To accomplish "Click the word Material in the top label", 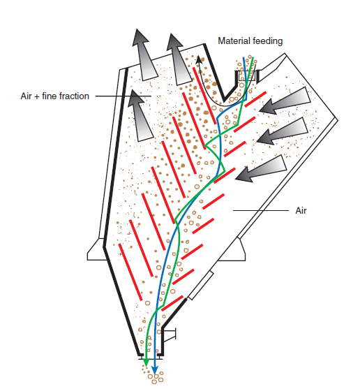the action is (233, 41).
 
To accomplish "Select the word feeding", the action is (267, 41).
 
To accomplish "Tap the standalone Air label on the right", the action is (301, 210).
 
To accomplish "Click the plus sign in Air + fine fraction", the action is (37, 96).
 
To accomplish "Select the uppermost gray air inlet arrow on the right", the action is (285, 101).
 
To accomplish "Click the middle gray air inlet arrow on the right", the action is (283, 131).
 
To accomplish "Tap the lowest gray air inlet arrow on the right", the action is (261, 169).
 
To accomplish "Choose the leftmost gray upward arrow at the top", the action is (144, 54).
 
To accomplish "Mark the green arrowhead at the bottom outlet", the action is (147, 362).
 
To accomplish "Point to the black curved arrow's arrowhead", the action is (199, 60).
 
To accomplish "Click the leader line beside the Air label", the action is (261, 211).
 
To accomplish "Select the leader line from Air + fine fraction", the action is (123, 96).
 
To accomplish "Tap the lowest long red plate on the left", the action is (130, 272).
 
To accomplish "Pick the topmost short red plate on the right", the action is (255, 99).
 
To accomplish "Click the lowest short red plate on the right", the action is (172, 303).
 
